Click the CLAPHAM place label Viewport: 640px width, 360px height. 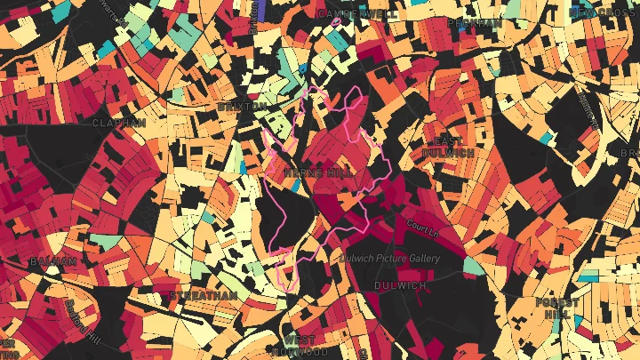118,123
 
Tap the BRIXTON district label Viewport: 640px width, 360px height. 242,107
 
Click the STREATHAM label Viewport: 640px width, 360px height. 204,295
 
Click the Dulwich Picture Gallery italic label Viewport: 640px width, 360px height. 389,259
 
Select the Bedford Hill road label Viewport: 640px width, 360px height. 82,319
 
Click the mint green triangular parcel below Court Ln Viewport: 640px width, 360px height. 471,265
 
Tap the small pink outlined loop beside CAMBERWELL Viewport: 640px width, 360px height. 336,22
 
